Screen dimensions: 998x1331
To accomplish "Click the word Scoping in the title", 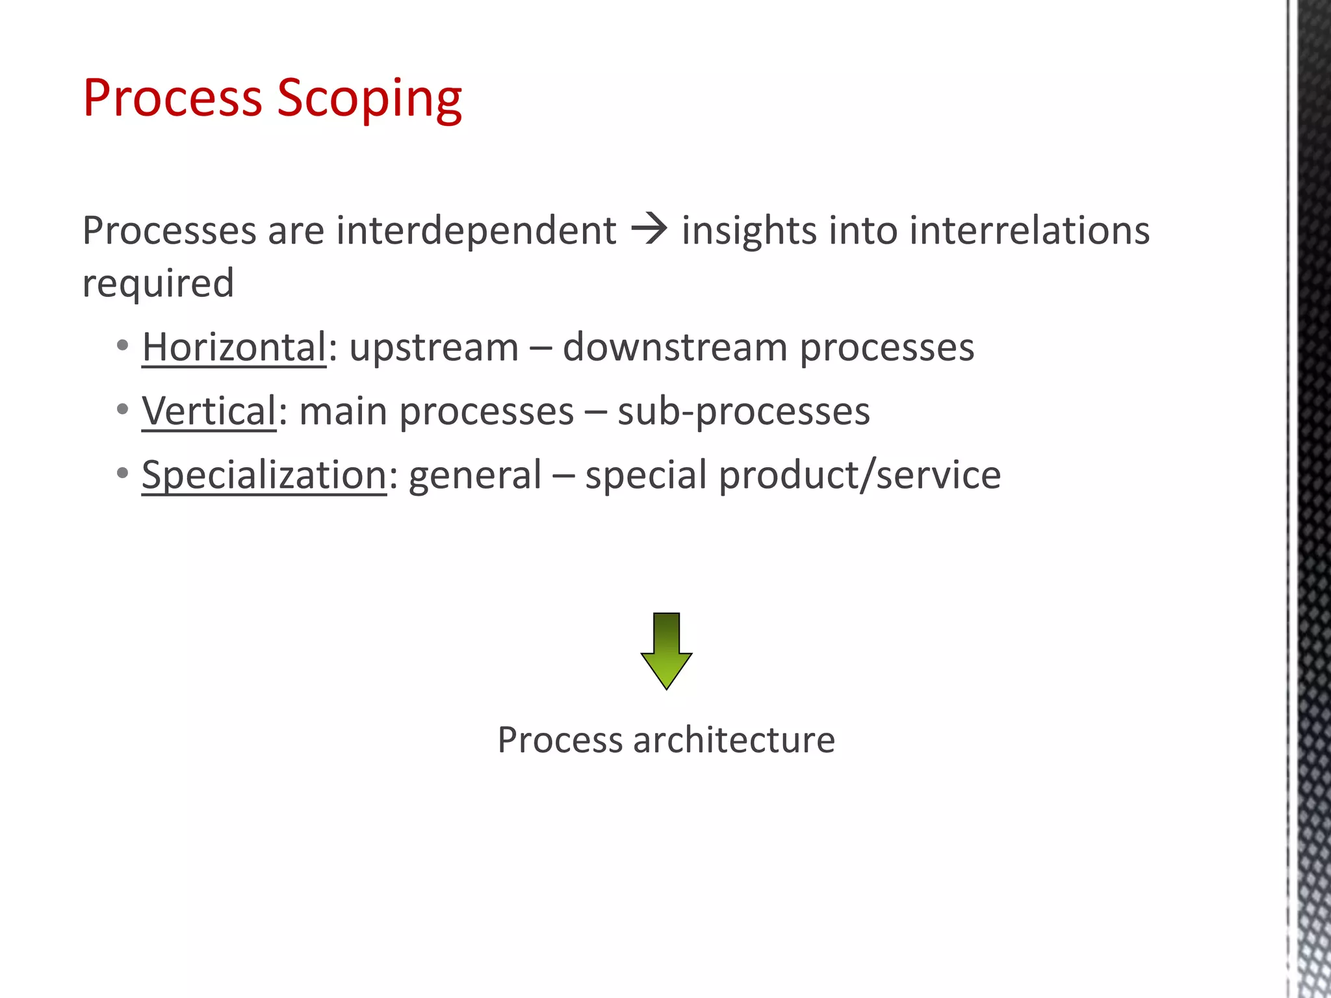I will (369, 99).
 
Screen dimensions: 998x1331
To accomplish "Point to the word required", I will (158, 283).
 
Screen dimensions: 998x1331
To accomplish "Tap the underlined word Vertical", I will (209, 411).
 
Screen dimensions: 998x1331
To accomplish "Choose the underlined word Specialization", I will (265, 474).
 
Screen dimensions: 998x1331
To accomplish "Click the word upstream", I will (433, 347).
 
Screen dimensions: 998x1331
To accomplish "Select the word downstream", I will (675, 347).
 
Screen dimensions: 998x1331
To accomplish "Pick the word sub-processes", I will (743, 411).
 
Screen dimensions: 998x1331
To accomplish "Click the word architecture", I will (734, 739).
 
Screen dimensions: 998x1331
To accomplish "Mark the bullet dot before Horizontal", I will (123, 345).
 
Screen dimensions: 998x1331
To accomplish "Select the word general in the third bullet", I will (474, 476).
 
